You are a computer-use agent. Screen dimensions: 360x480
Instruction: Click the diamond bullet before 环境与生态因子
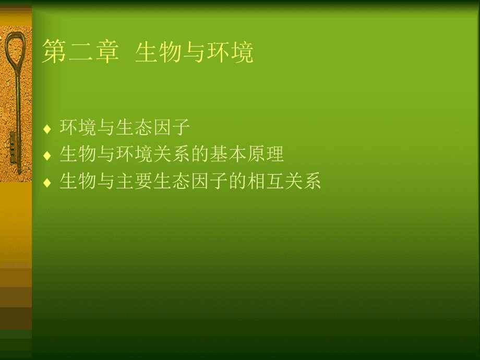point(47,128)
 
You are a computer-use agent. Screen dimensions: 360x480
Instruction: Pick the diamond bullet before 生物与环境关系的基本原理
point(47,155)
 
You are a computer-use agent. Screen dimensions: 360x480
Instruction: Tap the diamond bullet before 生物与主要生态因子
point(47,183)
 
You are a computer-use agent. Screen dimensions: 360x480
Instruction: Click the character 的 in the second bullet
point(200,154)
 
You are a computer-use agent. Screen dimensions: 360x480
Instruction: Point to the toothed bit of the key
point(13,146)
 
